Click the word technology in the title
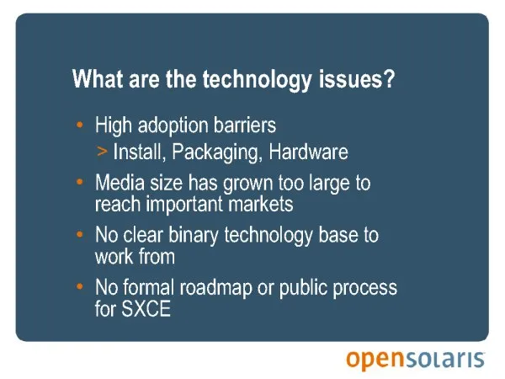[257, 80]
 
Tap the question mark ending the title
[388, 78]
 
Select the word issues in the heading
[349, 79]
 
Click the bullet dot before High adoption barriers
[80, 125]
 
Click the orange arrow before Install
[102, 151]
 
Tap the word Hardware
[308, 152]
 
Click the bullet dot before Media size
[80, 182]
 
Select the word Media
[120, 182]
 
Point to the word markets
[260, 204]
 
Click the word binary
[194, 236]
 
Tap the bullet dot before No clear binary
[80, 234]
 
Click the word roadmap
[215, 288]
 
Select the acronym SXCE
[146, 308]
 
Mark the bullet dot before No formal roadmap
[80, 286]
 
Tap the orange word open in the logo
[375, 360]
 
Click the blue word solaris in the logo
[444, 359]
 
